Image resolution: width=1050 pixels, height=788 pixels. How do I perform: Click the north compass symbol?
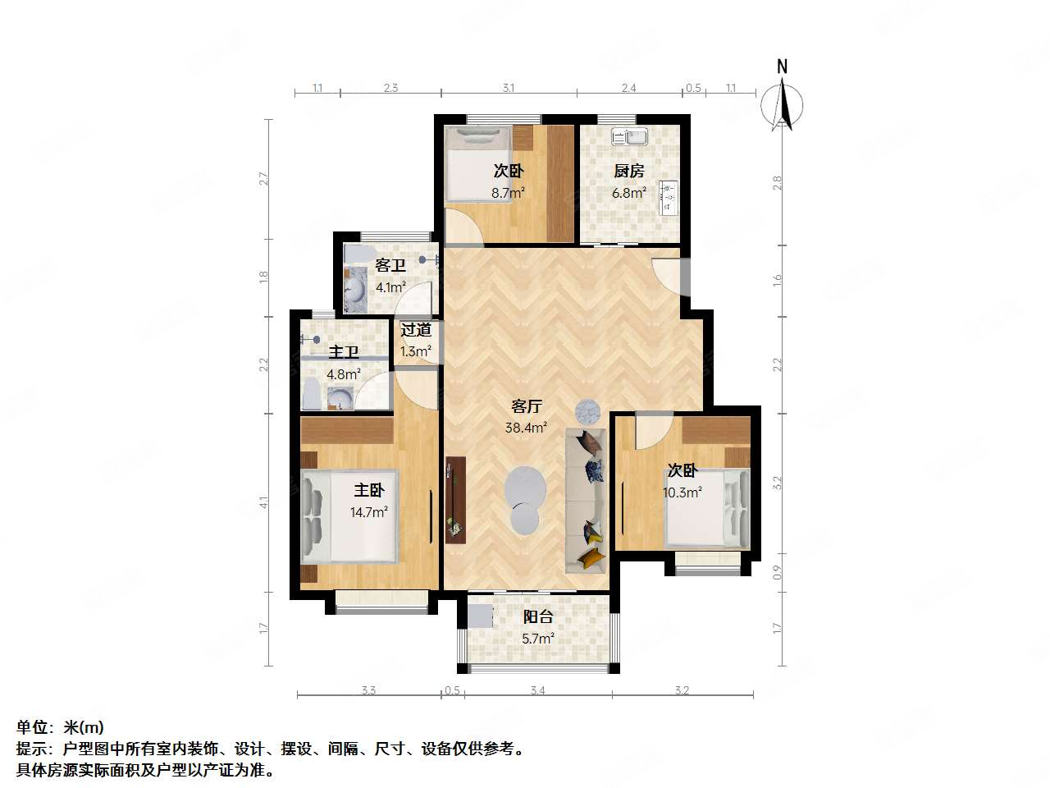pyautogui.click(x=782, y=103)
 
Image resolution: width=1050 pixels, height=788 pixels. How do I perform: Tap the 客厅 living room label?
pyautogui.click(x=527, y=407)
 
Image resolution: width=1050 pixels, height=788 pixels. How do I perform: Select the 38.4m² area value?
pyautogui.click(x=526, y=428)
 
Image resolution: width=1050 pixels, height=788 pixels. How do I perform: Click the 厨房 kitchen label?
pyautogui.click(x=629, y=172)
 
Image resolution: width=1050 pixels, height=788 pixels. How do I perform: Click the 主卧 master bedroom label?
pyautogui.click(x=369, y=491)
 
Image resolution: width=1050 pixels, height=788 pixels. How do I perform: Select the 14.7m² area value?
pyautogui.click(x=368, y=512)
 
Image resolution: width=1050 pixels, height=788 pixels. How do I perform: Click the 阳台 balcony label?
pyautogui.click(x=538, y=617)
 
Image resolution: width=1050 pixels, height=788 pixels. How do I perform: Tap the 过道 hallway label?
pyautogui.click(x=416, y=330)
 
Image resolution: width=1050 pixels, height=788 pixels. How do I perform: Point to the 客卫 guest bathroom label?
pyautogui.click(x=390, y=266)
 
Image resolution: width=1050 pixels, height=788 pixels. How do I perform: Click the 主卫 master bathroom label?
pyautogui.click(x=344, y=353)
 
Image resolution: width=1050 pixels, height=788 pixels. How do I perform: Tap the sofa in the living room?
pyautogui.click(x=586, y=501)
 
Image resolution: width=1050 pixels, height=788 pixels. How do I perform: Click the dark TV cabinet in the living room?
pyautogui.click(x=455, y=499)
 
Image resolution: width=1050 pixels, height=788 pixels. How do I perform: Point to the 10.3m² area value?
pyautogui.click(x=682, y=493)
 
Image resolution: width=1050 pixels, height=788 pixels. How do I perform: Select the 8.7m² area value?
pyautogui.click(x=508, y=194)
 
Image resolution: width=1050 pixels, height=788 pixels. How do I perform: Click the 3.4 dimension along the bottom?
pyautogui.click(x=537, y=691)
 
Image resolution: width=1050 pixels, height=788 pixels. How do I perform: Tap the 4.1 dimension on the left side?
pyautogui.click(x=264, y=502)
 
